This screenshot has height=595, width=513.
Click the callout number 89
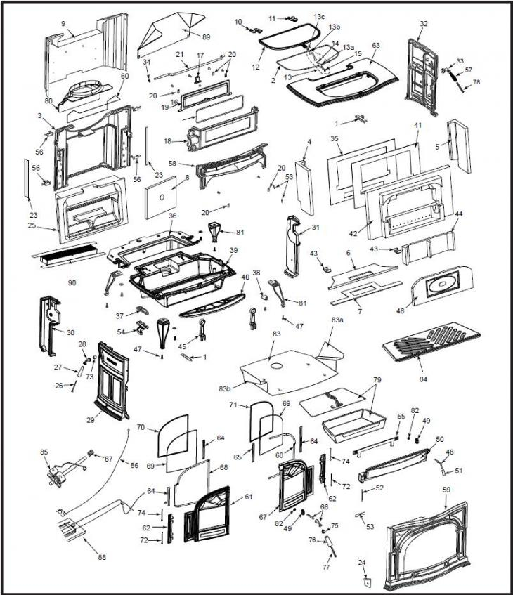tap(206, 36)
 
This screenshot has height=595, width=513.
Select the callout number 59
tap(446, 489)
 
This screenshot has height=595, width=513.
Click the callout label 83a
tap(338, 320)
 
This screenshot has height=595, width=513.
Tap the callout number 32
tap(422, 23)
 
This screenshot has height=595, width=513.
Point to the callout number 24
tap(362, 563)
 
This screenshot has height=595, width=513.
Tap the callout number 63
tap(375, 45)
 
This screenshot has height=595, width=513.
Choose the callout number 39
tap(233, 251)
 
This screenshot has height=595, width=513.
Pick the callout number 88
tap(102, 558)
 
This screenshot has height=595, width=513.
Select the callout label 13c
tap(319, 16)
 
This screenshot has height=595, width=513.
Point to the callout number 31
tap(315, 228)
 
